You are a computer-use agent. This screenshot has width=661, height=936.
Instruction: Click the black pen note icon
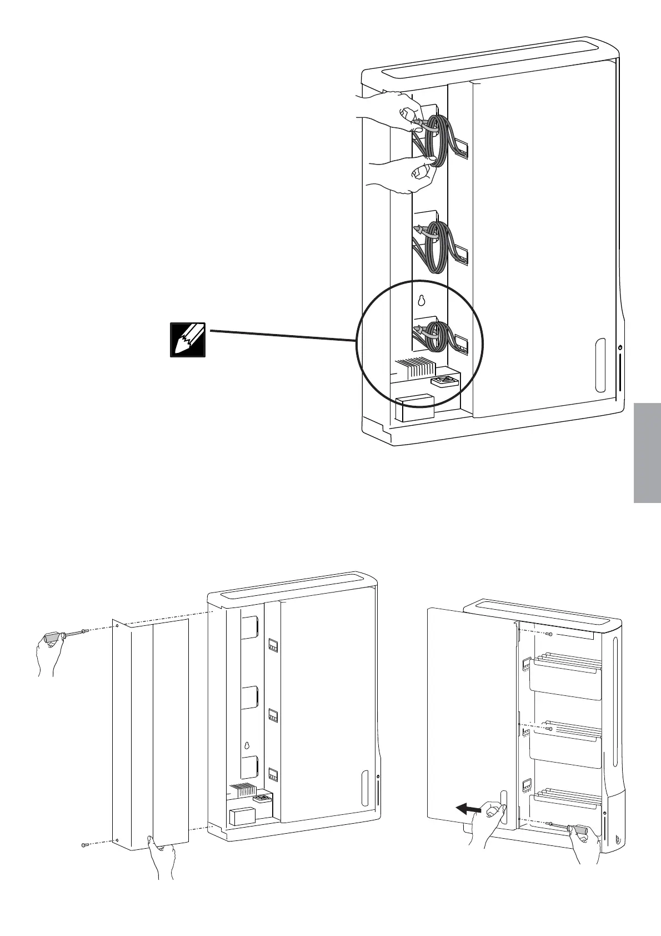[188, 338]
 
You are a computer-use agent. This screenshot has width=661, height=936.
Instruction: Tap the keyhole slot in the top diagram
[421, 301]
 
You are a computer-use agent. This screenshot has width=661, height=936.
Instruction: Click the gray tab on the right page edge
[646, 453]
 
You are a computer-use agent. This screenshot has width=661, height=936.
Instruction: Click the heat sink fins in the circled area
[415, 368]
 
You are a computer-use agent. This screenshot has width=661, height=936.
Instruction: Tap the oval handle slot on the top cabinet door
[600, 364]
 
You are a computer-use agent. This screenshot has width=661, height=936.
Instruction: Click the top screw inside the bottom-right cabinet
[549, 634]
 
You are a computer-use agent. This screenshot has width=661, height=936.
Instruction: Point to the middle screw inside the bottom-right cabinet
[549, 728]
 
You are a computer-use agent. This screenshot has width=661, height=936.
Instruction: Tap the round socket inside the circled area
[444, 382]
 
